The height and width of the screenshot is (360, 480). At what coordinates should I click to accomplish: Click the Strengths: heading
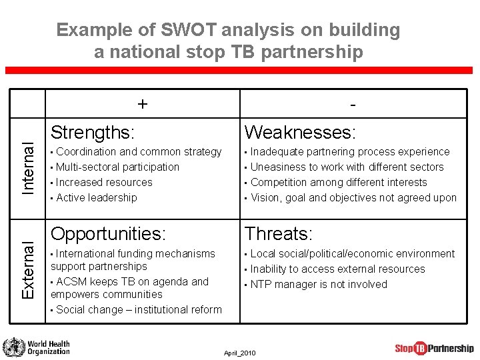(93, 131)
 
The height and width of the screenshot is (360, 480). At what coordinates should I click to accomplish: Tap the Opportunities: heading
(107, 234)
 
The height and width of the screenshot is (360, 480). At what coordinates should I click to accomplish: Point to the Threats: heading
(279, 234)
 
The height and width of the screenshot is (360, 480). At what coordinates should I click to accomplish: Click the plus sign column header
(142, 104)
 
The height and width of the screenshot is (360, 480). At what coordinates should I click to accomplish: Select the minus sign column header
(352, 105)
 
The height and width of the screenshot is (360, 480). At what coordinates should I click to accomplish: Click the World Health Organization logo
(37, 347)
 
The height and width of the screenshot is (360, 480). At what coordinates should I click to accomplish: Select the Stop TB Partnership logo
(434, 348)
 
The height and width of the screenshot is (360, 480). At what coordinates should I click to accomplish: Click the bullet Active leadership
(96, 197)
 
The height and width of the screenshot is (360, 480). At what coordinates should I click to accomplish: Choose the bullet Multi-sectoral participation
(117, 167)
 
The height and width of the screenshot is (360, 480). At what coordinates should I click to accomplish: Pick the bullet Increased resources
(104, 182)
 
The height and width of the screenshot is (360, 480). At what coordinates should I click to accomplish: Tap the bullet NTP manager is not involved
(318, 284)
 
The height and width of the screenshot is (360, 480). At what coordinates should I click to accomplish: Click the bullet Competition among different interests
(338, 182)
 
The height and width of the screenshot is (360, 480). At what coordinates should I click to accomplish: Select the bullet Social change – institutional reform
(139, 309)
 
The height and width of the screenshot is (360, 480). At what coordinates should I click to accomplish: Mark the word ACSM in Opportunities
(73, 281)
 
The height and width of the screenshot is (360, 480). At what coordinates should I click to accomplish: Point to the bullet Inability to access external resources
(337, 269)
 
